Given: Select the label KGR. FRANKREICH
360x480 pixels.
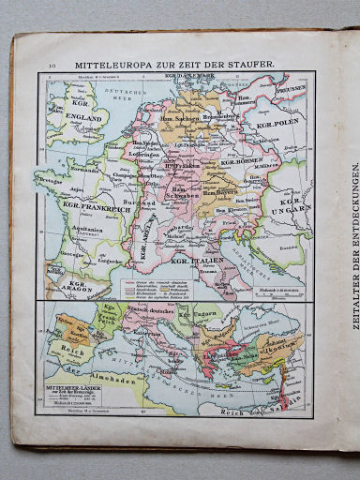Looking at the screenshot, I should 89,202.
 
